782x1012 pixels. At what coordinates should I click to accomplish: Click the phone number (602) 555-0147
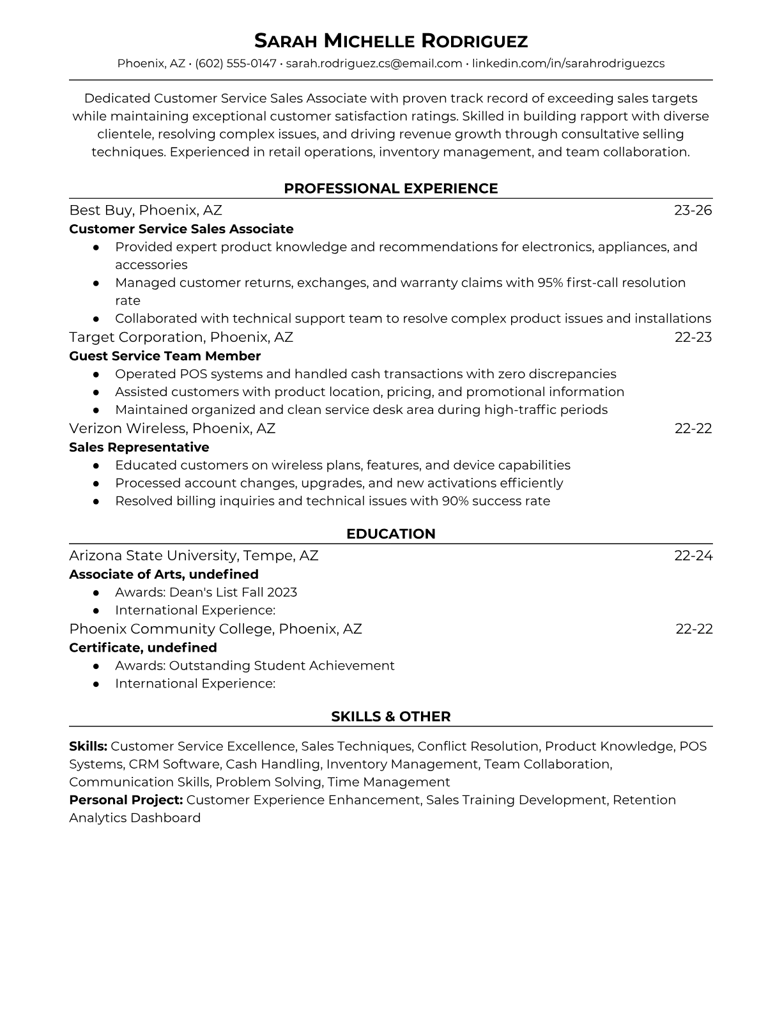click(236, 63)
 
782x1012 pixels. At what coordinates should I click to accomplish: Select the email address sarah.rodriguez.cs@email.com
click(374, 63)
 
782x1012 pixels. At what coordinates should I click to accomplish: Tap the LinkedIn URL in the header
click(568, 63)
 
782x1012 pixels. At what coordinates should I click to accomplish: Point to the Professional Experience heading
click(390, 188)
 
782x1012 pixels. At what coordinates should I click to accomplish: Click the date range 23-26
click(693, 210)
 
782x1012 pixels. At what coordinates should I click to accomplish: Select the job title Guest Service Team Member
click(165, 356)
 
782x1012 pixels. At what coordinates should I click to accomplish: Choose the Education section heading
click(390, 534)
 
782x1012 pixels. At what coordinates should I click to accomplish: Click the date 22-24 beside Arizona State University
click(693, 555)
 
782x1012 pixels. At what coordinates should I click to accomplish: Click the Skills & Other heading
click(390, 717)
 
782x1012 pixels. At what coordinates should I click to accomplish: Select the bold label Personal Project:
click(126, 800)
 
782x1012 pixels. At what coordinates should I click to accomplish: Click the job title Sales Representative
click(139, 447)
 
